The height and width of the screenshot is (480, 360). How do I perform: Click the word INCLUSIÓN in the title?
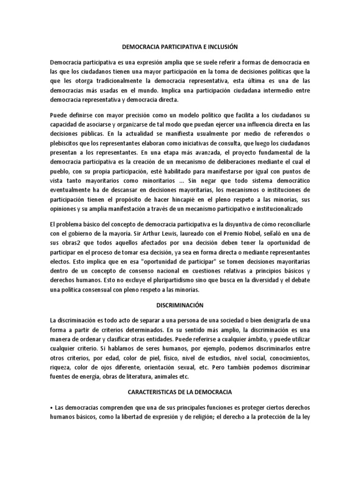point(220,47)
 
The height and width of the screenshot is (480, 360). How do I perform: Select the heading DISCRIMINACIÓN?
point(180,305)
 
